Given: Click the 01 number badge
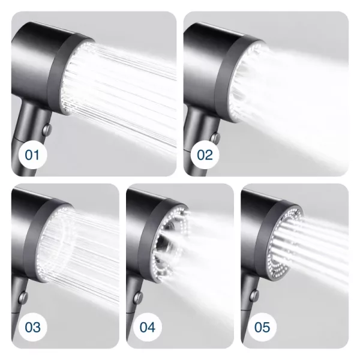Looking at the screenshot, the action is (x=32, y=155).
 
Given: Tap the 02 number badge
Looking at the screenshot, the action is (x=205, y=155).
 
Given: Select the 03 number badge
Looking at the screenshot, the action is (x=32, y=327).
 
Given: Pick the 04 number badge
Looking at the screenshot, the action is (x=147, y=327).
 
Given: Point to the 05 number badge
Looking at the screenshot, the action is (x=262, y=327).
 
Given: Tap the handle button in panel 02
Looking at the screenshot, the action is (x=215, y=138).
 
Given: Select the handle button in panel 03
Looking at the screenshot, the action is (x=23, y=297).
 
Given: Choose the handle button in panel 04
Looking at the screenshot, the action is (x=138, y=297).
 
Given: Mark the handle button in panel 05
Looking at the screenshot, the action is (x=254, y=296).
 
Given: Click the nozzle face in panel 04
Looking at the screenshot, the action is (x=170, y=244).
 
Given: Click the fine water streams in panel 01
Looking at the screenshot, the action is (x=119, y=92).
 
